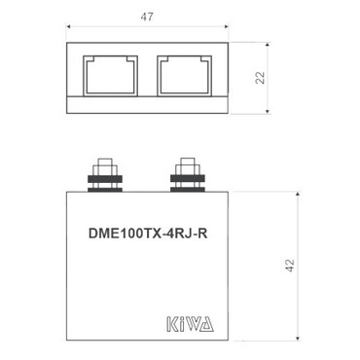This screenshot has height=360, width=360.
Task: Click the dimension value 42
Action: [x=289, y=266]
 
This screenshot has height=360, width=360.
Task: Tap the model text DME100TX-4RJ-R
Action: [x=147, y=233]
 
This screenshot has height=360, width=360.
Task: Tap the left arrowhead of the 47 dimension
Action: [x=69, y=29]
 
